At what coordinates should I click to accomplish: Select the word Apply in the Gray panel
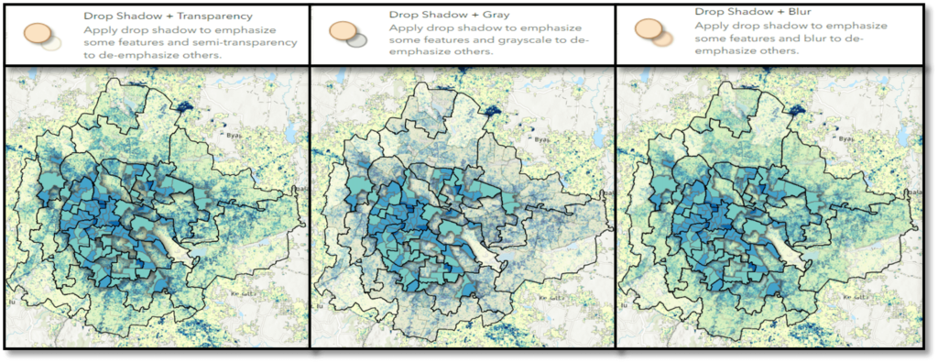pyautogui.click(x=405, y=29)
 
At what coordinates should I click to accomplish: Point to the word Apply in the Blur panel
pyautogui.click(x=711, y=29)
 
